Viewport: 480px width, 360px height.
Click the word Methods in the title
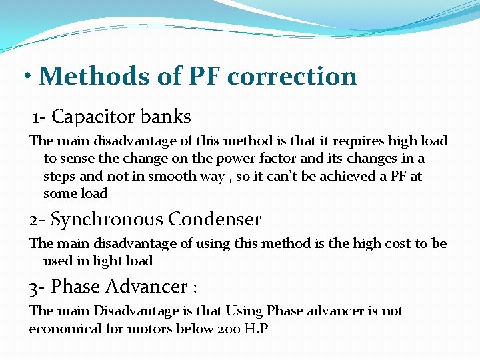pos(95,77)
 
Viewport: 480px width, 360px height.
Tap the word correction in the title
pos(292,77)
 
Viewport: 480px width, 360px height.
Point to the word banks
pos(166,117)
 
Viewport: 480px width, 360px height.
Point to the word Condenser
pos(215,219)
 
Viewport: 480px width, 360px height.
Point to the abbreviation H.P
pos(255,329)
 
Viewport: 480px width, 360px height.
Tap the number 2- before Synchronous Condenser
pos(37,219)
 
